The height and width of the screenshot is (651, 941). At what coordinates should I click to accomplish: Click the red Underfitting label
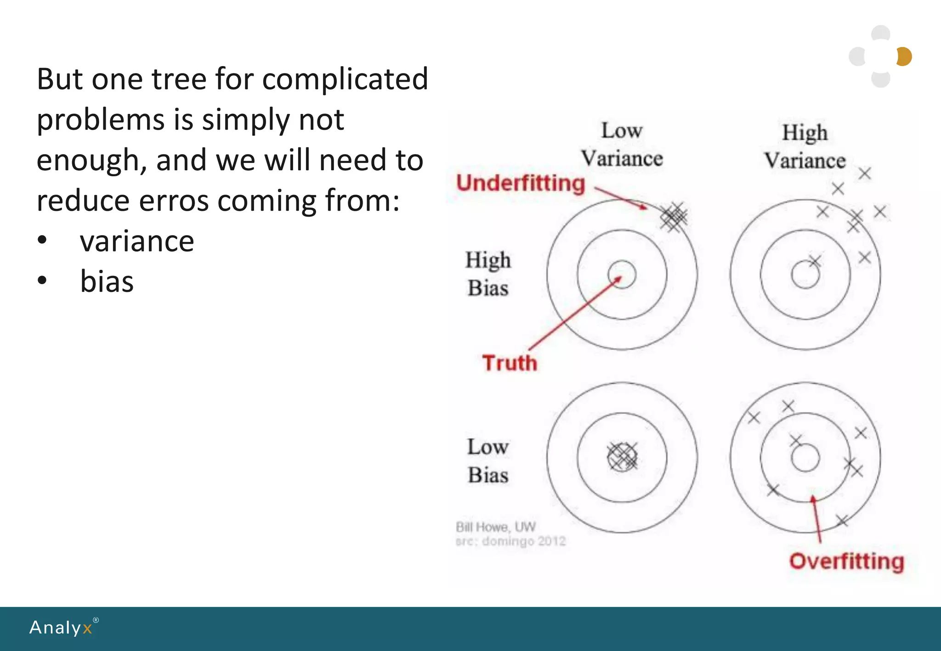coord(520,184)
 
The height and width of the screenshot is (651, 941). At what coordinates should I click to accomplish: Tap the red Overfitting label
coord(846,561)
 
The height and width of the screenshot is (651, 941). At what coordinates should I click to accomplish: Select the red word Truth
coord(510,363)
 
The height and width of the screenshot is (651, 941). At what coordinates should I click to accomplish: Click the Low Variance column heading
coord(622,145)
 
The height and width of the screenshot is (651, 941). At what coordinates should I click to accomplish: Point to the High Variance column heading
coord(805,146)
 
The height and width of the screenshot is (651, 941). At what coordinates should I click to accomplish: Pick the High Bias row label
coord(488,274)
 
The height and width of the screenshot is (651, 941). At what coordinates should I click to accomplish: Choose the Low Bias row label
coord(488,460)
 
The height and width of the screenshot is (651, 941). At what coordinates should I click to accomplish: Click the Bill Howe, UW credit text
coord(495,527)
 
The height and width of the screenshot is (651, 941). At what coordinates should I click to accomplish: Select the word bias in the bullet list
coord(107,281)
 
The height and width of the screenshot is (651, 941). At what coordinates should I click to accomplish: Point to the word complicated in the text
coord(345,79)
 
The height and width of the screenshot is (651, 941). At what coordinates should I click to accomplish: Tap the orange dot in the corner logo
coord(904,56)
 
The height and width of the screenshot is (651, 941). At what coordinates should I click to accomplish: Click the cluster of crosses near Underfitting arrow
coord(674,217)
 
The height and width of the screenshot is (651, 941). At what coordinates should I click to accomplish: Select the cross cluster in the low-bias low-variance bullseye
coord(622,457)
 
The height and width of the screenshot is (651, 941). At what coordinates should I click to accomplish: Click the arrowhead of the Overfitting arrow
coord(813,499)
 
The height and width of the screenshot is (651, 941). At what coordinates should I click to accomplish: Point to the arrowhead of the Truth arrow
coord(618,278)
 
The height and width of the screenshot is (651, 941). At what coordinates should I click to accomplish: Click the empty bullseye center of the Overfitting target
coord(805,458)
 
